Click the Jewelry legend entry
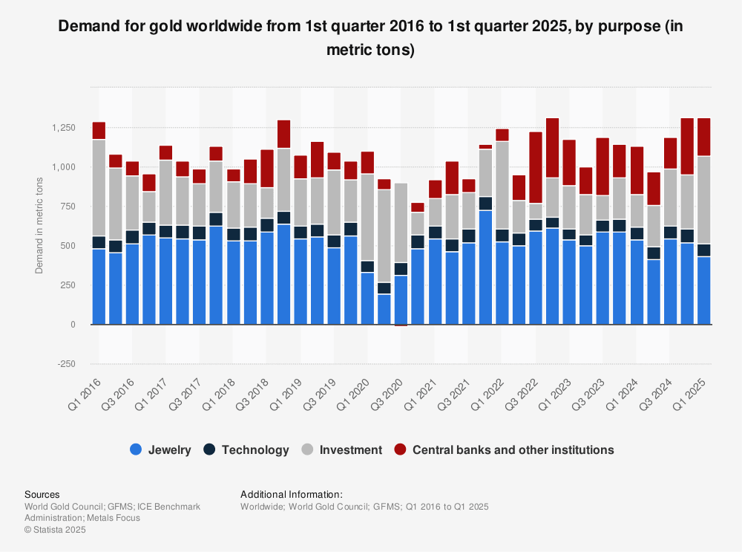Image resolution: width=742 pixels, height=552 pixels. [160, 449]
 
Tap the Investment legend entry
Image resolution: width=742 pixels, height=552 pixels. [342, 449]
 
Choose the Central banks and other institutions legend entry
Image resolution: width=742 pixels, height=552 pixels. [504, 449]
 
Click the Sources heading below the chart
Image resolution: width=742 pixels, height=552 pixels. [42, 494]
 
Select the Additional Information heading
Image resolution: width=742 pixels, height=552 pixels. [292, 494]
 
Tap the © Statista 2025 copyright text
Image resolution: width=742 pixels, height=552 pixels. [55, 530]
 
